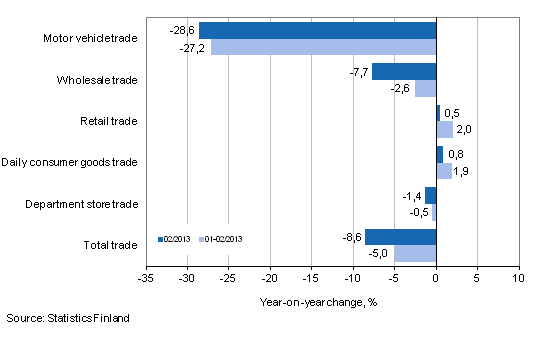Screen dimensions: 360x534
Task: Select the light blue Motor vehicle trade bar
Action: click(324, 46)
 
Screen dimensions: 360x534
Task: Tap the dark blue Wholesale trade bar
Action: click(404, 71)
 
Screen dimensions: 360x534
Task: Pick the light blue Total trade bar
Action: click(415, 253)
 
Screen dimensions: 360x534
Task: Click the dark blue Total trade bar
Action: click(400, 237)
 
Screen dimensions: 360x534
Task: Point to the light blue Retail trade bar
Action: click(445, 129)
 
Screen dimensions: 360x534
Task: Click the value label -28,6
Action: click(183, 30)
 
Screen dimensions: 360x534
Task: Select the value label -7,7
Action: click(357, 71)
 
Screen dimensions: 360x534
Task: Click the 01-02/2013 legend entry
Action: click(223, 239)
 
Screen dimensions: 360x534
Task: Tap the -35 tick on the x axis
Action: click(146, 277)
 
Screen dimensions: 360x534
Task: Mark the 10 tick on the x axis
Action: click(518, 277)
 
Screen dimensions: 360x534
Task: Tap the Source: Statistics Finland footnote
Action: click(67, 318)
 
